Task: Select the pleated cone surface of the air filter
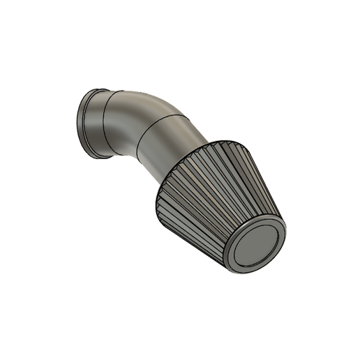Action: click(x=209, y=195)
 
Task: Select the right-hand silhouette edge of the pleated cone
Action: click(x=269, y=188)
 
